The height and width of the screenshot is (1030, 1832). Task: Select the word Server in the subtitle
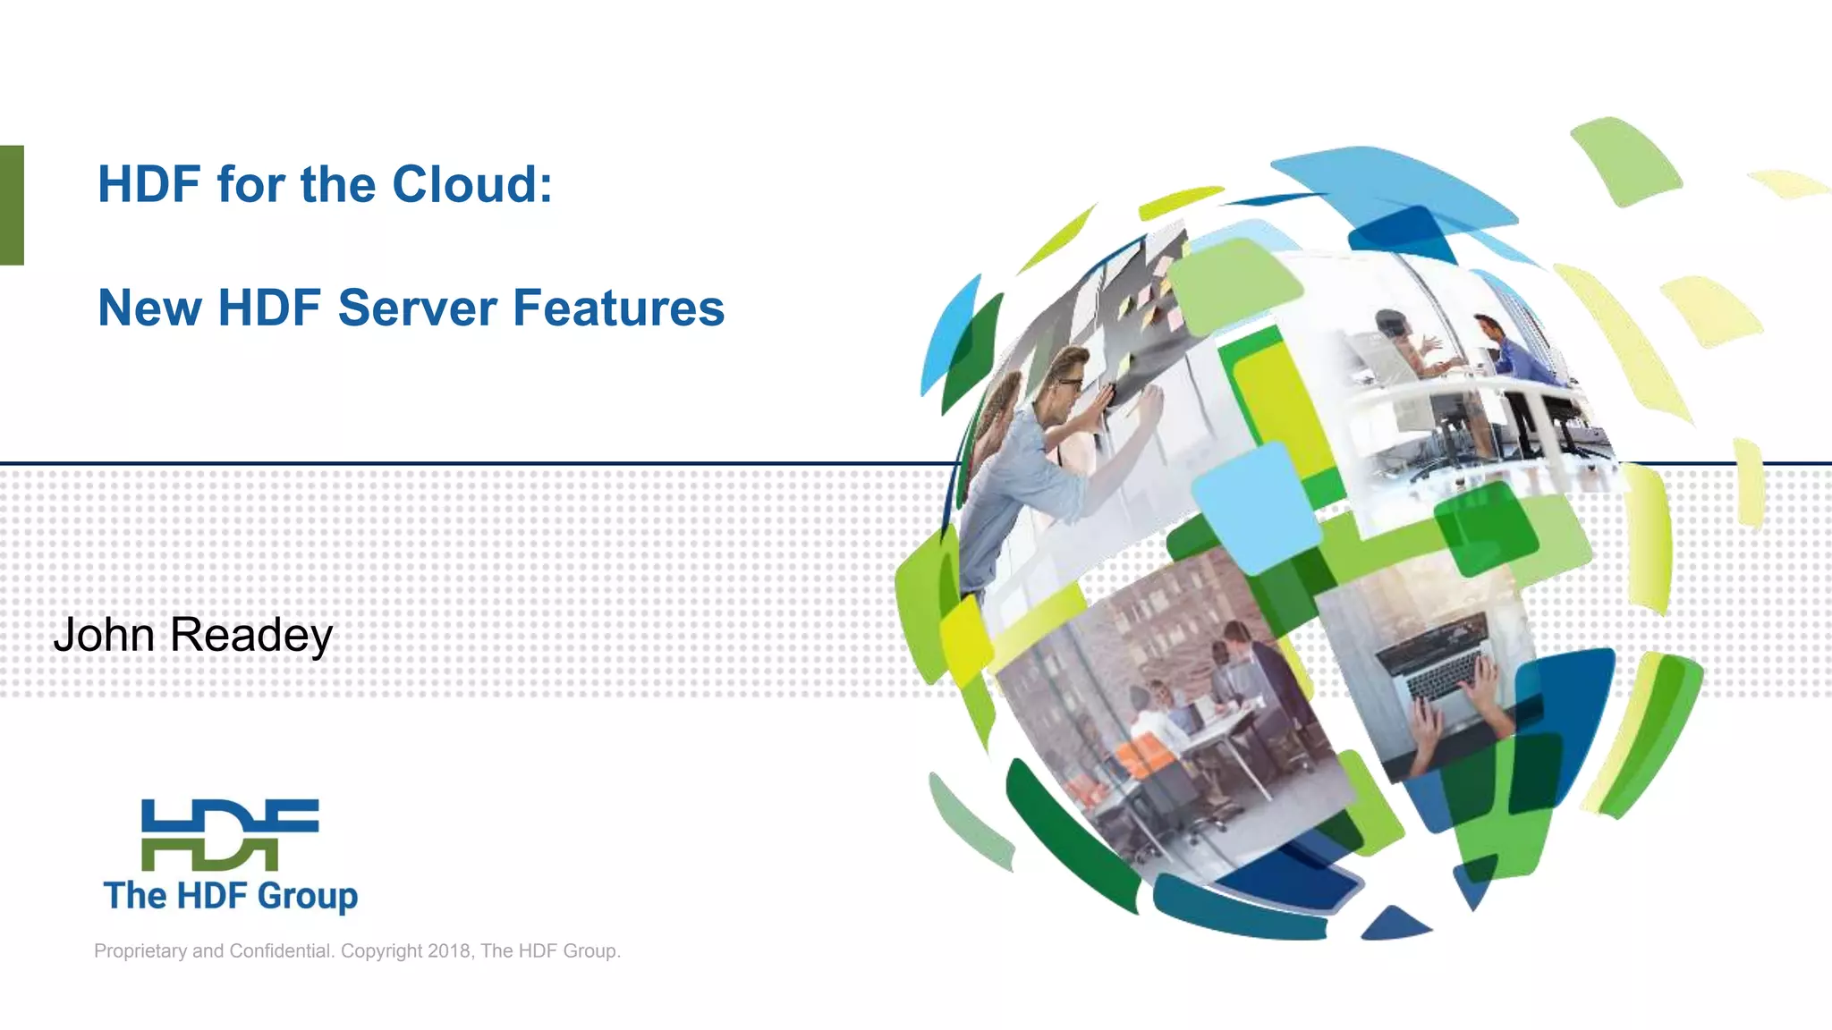click(x=417, y=308)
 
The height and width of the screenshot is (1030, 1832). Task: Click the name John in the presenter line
click(x=104, y=635)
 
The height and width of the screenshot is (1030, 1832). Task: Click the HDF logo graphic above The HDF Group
click(x=230, y=834)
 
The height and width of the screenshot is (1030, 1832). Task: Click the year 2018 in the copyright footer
click(x=449, y=950)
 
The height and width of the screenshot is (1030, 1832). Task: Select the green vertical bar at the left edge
click(x=12, y=205)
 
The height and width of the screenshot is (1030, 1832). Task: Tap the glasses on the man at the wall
click(x=1070, y=384)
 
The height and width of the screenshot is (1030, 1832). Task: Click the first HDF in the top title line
click(x=149, y=184)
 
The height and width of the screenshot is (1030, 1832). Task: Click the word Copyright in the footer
click(x=381, y=950)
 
